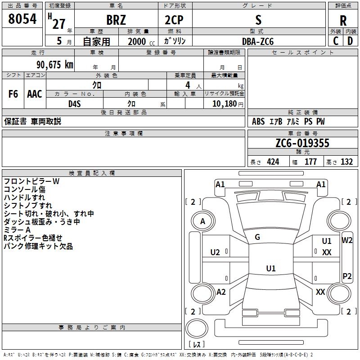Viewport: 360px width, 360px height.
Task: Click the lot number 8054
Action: [22, 18]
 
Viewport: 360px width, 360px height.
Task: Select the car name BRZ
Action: [116, 20]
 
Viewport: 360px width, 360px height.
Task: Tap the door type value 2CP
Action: [174, 20]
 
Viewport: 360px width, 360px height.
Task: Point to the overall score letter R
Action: [343, 21]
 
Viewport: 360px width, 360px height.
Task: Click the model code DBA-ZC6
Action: [258, 41]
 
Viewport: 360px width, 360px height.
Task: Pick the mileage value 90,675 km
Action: [55, 64]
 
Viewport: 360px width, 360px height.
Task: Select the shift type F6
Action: [13, 94]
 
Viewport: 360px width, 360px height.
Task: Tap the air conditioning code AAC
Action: [35, 94]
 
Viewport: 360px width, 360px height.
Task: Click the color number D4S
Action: [75, 104]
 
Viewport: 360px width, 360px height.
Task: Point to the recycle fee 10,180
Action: [224, 103]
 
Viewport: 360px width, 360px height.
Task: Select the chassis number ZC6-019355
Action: [302, 143]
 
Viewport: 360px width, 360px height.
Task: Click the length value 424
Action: [273, 162]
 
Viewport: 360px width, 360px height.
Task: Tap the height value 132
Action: [346, 162]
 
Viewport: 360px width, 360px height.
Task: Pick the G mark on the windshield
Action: [257, 237]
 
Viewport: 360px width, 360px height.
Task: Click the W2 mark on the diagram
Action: [347, 240]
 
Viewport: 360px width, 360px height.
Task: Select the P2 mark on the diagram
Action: [347, 276]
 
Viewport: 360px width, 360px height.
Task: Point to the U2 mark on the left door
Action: [215, 252]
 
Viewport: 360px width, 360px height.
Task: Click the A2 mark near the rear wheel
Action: [221, 292]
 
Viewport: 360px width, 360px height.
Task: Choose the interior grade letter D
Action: [350, 41]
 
